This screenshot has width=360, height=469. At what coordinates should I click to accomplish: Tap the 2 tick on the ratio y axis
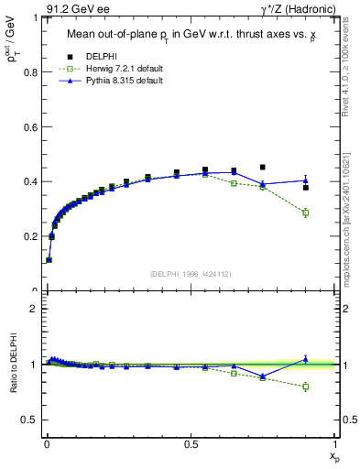38,309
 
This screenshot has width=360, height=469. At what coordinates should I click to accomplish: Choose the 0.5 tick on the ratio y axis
33,420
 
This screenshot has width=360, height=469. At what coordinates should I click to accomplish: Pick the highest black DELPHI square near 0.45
263,168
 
